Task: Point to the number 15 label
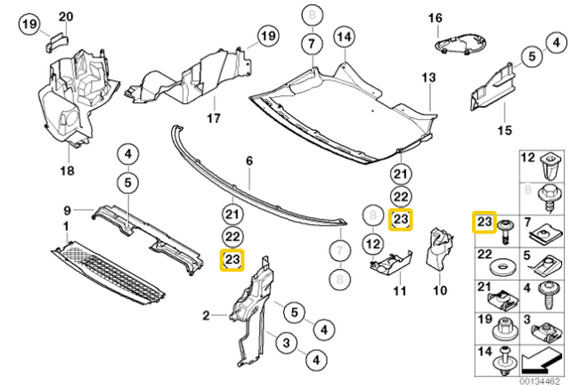505,129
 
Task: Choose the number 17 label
214,117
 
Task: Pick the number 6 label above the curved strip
249,161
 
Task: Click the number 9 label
67,210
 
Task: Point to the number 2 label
206,314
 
